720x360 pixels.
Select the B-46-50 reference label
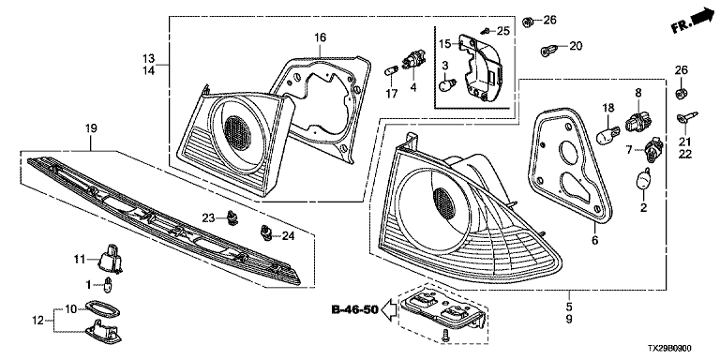(x=355, y=310)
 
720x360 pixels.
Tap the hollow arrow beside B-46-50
(x=389, y=310)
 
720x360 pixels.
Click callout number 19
(x=91, y=128)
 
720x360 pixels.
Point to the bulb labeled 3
(x=447, y=86)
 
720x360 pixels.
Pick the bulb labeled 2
(x=644, y=179)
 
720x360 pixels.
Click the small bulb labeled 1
(x=109, y=286)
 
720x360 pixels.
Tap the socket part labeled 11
(x=111, y=258)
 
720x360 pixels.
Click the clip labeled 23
(x=233, y=218)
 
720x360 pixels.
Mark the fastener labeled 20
(x=548, y=49)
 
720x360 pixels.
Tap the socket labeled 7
(x=654, y=149)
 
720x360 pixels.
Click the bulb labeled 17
(x=390, y=72)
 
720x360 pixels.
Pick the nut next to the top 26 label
(x=528, y=21)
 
